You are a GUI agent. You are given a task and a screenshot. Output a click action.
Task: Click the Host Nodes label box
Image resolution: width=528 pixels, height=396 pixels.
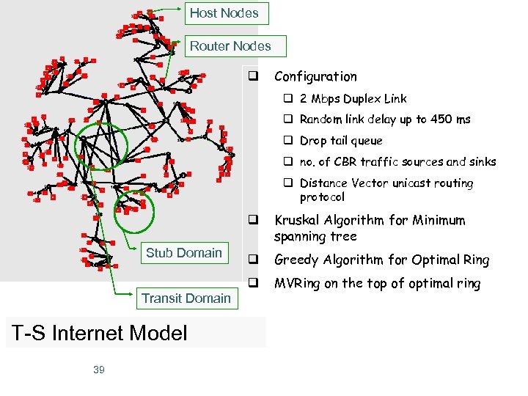pyautogui.click(x=224, y=13)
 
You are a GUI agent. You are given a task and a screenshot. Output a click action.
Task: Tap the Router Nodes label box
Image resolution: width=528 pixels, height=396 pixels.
pyautogui.click(x=230, y=46)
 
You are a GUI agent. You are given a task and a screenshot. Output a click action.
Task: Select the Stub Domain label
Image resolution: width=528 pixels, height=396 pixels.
pyautogui.click(x=183, y=253)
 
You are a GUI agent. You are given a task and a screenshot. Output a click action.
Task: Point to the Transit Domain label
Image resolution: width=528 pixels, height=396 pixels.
pyautogui.click(x=186, y=298)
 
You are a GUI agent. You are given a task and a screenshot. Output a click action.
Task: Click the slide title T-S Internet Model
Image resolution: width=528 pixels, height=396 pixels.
pyautogui.click(x=99, y=334)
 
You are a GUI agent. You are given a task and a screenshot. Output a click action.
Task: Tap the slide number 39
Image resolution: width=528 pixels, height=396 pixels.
pyautogui.click(x=99, y=370)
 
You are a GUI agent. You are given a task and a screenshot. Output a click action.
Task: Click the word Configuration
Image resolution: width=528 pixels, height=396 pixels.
pyautogui.click(x=315, y=76)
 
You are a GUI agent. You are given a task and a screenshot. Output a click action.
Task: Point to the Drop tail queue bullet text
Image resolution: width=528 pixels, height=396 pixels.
pyautogui.click(x=341, y=141)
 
